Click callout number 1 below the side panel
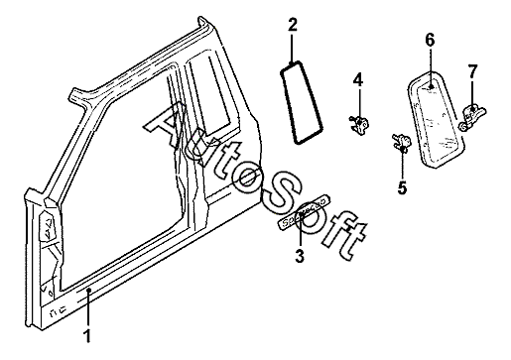(x=87, y=336)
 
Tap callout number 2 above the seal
(x=293, y=25)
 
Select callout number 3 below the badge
(x=300, y=256)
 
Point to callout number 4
(x=358, y=80)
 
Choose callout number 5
(x=402, y=187)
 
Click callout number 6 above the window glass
(x=430, y=41)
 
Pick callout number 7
(x=472, y=71)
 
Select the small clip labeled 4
(x=359, y=125)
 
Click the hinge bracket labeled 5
(x=402, y=142)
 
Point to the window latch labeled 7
(x=473, y=116)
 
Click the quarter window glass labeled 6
(x=436, y=119)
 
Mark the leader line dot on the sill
(x=88, y=291)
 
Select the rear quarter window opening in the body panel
(x=208, y=96)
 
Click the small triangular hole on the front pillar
(x=48, y=222)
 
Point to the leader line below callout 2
(x=292, y=48)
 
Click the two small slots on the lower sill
(x=57, y=311)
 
